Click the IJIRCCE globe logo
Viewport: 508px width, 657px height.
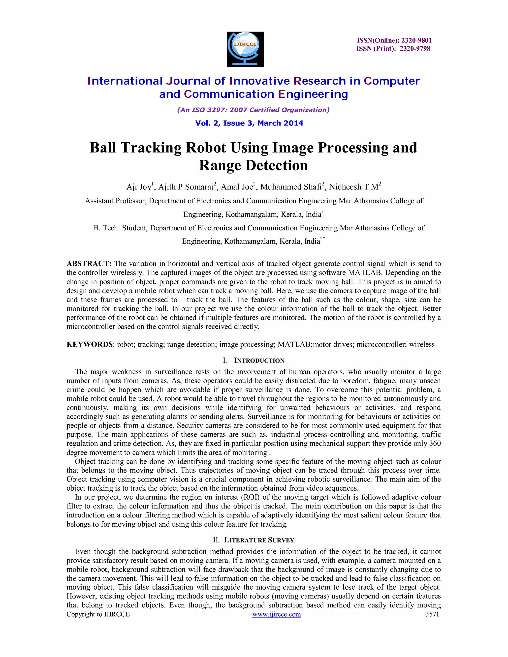[245, 49]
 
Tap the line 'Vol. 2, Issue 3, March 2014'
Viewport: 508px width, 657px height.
[249, 123]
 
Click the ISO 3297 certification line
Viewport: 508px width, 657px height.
[254, 110]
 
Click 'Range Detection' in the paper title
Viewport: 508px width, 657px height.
[254, 165]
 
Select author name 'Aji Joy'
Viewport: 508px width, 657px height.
[138, 187]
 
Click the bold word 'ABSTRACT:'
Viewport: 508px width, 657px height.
[89, 264]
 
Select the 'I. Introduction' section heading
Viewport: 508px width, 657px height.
[254, 361]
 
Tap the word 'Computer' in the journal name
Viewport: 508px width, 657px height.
[392, 81]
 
